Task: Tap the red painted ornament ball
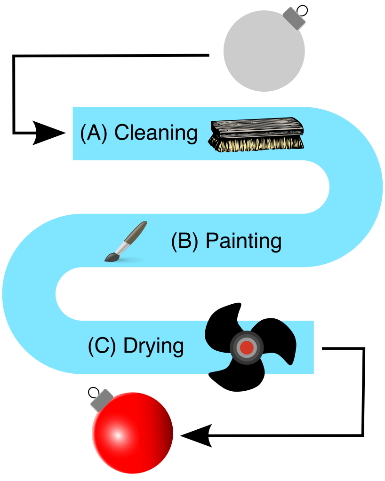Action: click(x=133, y=432)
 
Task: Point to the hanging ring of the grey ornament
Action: click(x=303, y=9)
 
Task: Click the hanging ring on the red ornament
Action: click(x=93, y=392)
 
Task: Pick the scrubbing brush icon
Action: click(x=257, y=135)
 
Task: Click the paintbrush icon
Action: click(x=125, y=242)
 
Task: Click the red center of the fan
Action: click(x=247, y=347)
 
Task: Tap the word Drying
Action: click(x=153, y=347)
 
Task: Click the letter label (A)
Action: click(x=94, y=133)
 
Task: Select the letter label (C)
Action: click(x=102, y=347)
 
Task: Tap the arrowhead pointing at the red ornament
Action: click(x=196, y=435)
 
